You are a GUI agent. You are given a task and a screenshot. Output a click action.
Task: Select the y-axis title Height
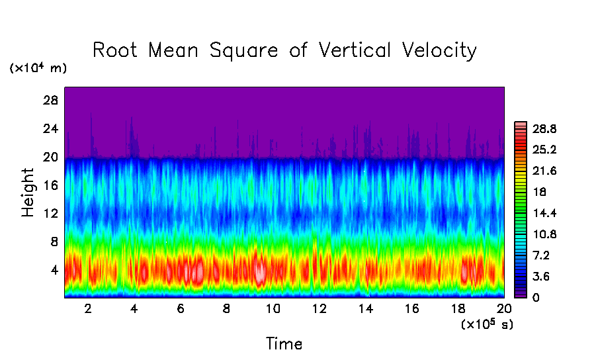pos(28,193)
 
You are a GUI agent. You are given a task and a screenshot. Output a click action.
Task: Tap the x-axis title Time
pos(284,344)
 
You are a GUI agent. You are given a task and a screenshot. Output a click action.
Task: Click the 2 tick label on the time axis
pos(88,308)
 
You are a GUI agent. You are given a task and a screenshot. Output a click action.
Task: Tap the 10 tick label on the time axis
pos(273,308)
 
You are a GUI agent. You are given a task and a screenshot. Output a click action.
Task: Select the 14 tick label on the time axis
pos(365,308)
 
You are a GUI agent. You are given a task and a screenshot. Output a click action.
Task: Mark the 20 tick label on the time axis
pos(503,308)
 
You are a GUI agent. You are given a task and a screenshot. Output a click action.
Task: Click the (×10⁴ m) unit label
pos(38,68)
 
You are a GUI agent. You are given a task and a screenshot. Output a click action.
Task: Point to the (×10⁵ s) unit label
pos(486,324)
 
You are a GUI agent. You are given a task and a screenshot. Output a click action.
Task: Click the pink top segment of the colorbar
pos(521,124)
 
